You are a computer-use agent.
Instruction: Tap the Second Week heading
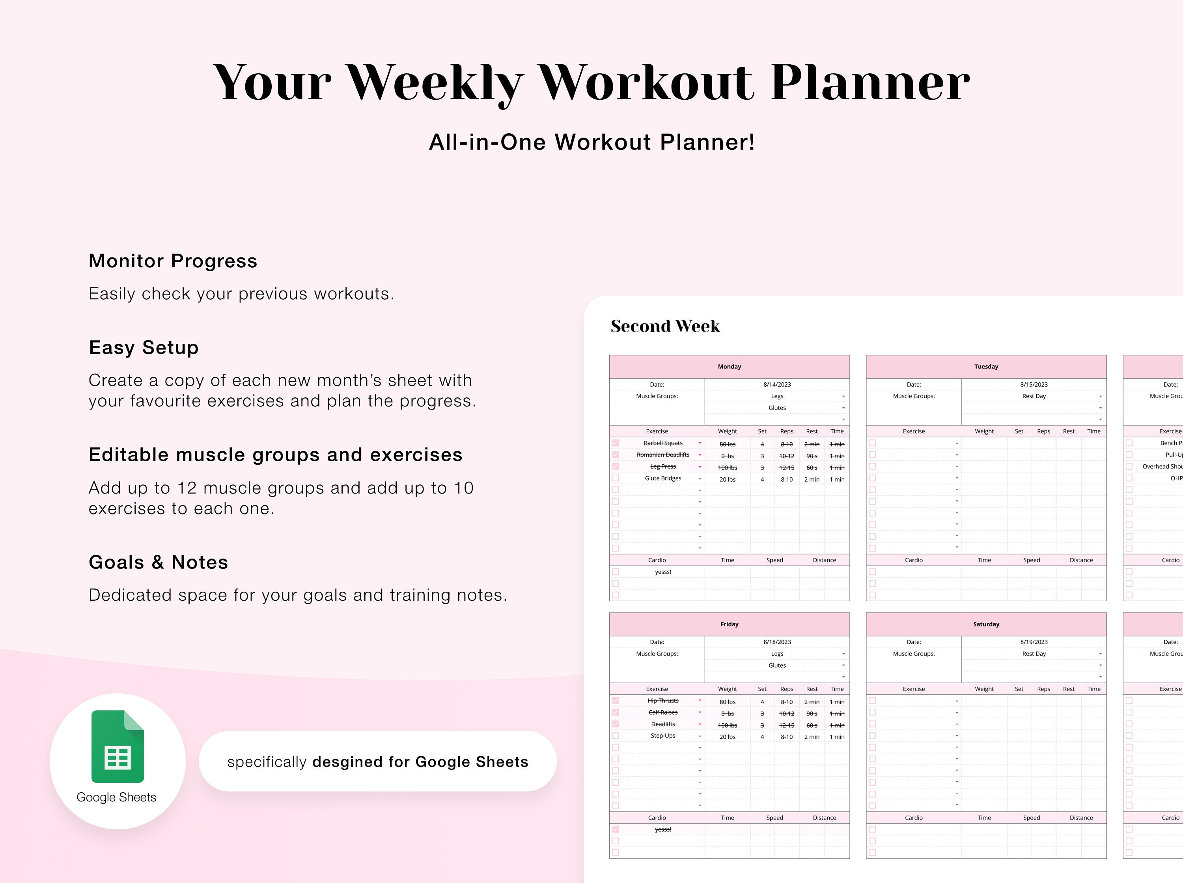[x=665, y=326]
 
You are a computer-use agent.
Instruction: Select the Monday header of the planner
[x=729, y=367]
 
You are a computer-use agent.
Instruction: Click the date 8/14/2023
[x=777, y=384]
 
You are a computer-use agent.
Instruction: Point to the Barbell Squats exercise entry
[x=663, y=443]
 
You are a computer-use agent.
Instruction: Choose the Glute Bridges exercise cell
[x=663, y=479]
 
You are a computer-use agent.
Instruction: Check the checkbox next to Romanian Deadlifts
[x=615, y=455]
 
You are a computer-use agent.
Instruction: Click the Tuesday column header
[x=986, y=367]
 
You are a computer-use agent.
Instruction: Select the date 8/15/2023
[x=1033, y=384]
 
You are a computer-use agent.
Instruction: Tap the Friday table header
[x=729, y=624]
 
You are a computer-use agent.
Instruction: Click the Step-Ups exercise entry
[x=663, y=736]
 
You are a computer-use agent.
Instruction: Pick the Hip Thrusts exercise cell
[x=663, y=701]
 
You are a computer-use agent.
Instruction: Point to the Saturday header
[x=986, y=624]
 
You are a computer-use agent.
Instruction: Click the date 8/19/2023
[x=1033, y=642]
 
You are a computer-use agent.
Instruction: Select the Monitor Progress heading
[x=173, y=261]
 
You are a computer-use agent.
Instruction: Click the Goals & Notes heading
[x=158, y=562]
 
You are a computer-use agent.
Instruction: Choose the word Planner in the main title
[x=870, y=82]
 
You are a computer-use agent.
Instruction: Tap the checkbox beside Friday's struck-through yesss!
[x=615, y=829]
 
